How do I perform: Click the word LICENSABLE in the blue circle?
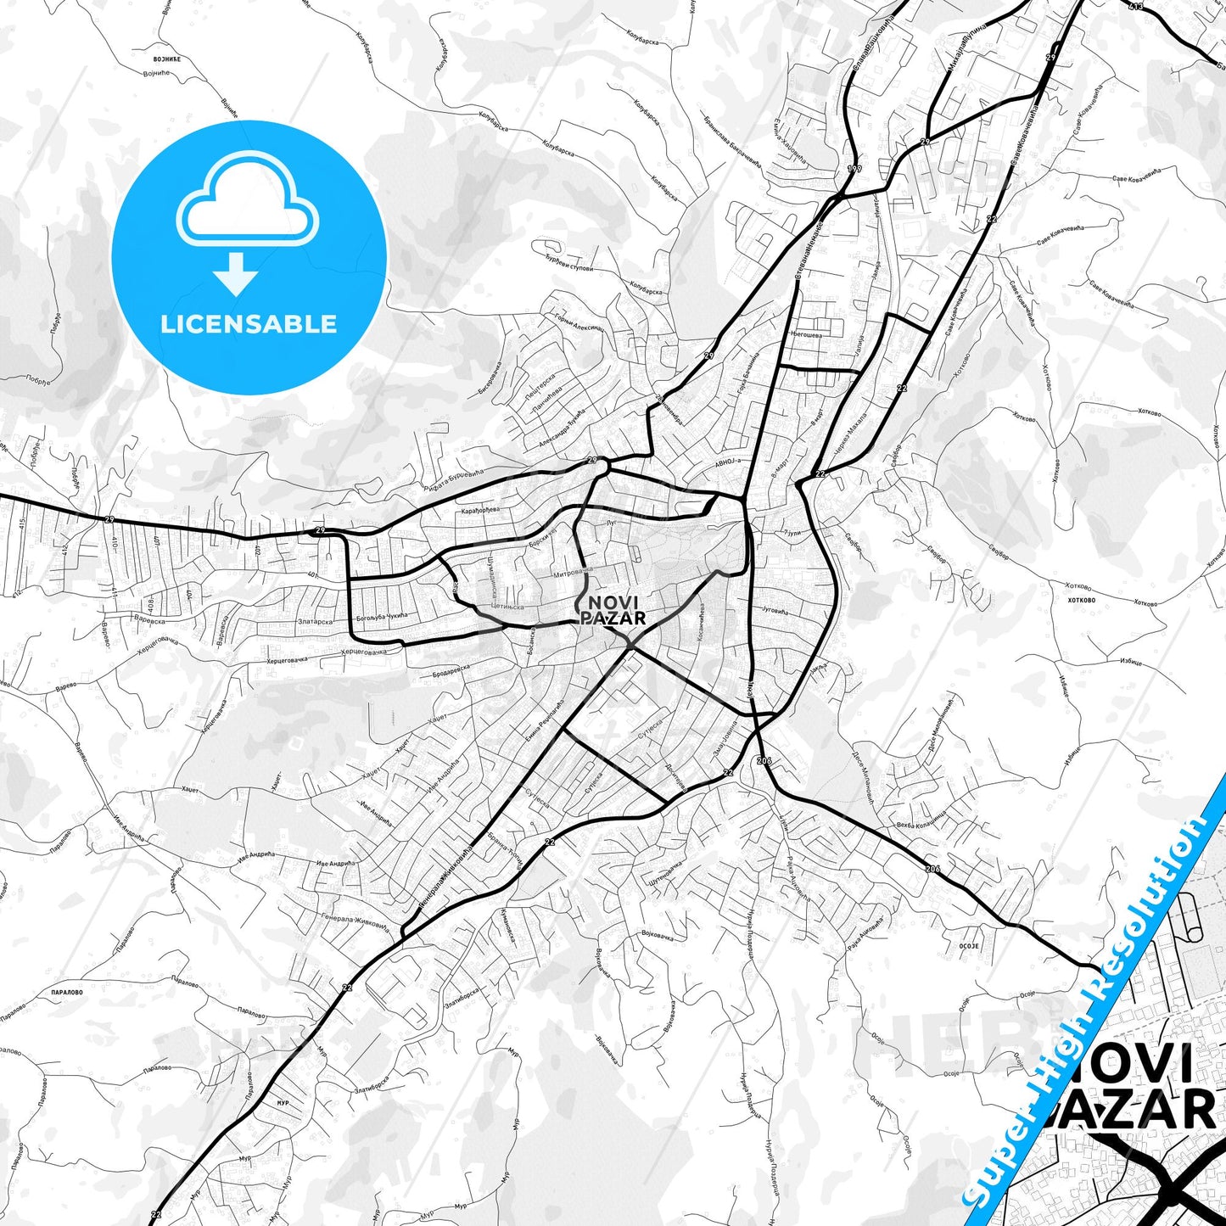[x=249, y=324]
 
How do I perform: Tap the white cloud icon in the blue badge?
[x=248, y=209]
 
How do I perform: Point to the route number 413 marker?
[x=1135, y=7]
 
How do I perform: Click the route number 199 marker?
[x=854, y=169]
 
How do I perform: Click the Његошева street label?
[x=806, y=334]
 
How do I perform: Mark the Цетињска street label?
[x=507, y=607]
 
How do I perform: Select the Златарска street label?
[x=315, y=621]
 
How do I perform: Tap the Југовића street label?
[x=775, y=610]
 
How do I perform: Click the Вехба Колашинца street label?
[x=921, y=820]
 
